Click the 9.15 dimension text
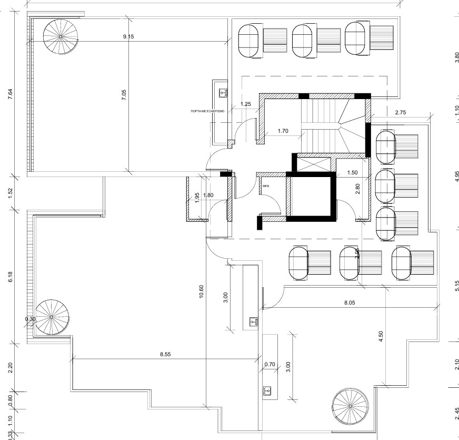pyautogui.click(x=128, y=36)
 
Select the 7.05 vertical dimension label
pyautogui.click(x=124, y=95)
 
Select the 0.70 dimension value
pyautogui.click(x=270, y=364)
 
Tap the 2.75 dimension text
pyautogui.click(x=401, y=112)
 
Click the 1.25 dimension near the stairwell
pyautogui.click(x=245, y=104)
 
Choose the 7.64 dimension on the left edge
pyautogui.click(x=11, y=95)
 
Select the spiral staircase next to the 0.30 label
pyautogui.click(x=52, y=316)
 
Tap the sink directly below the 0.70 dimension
pyautogui.click(x=267, y=390)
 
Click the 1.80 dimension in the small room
pyautogui.click(x=208, y=195)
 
